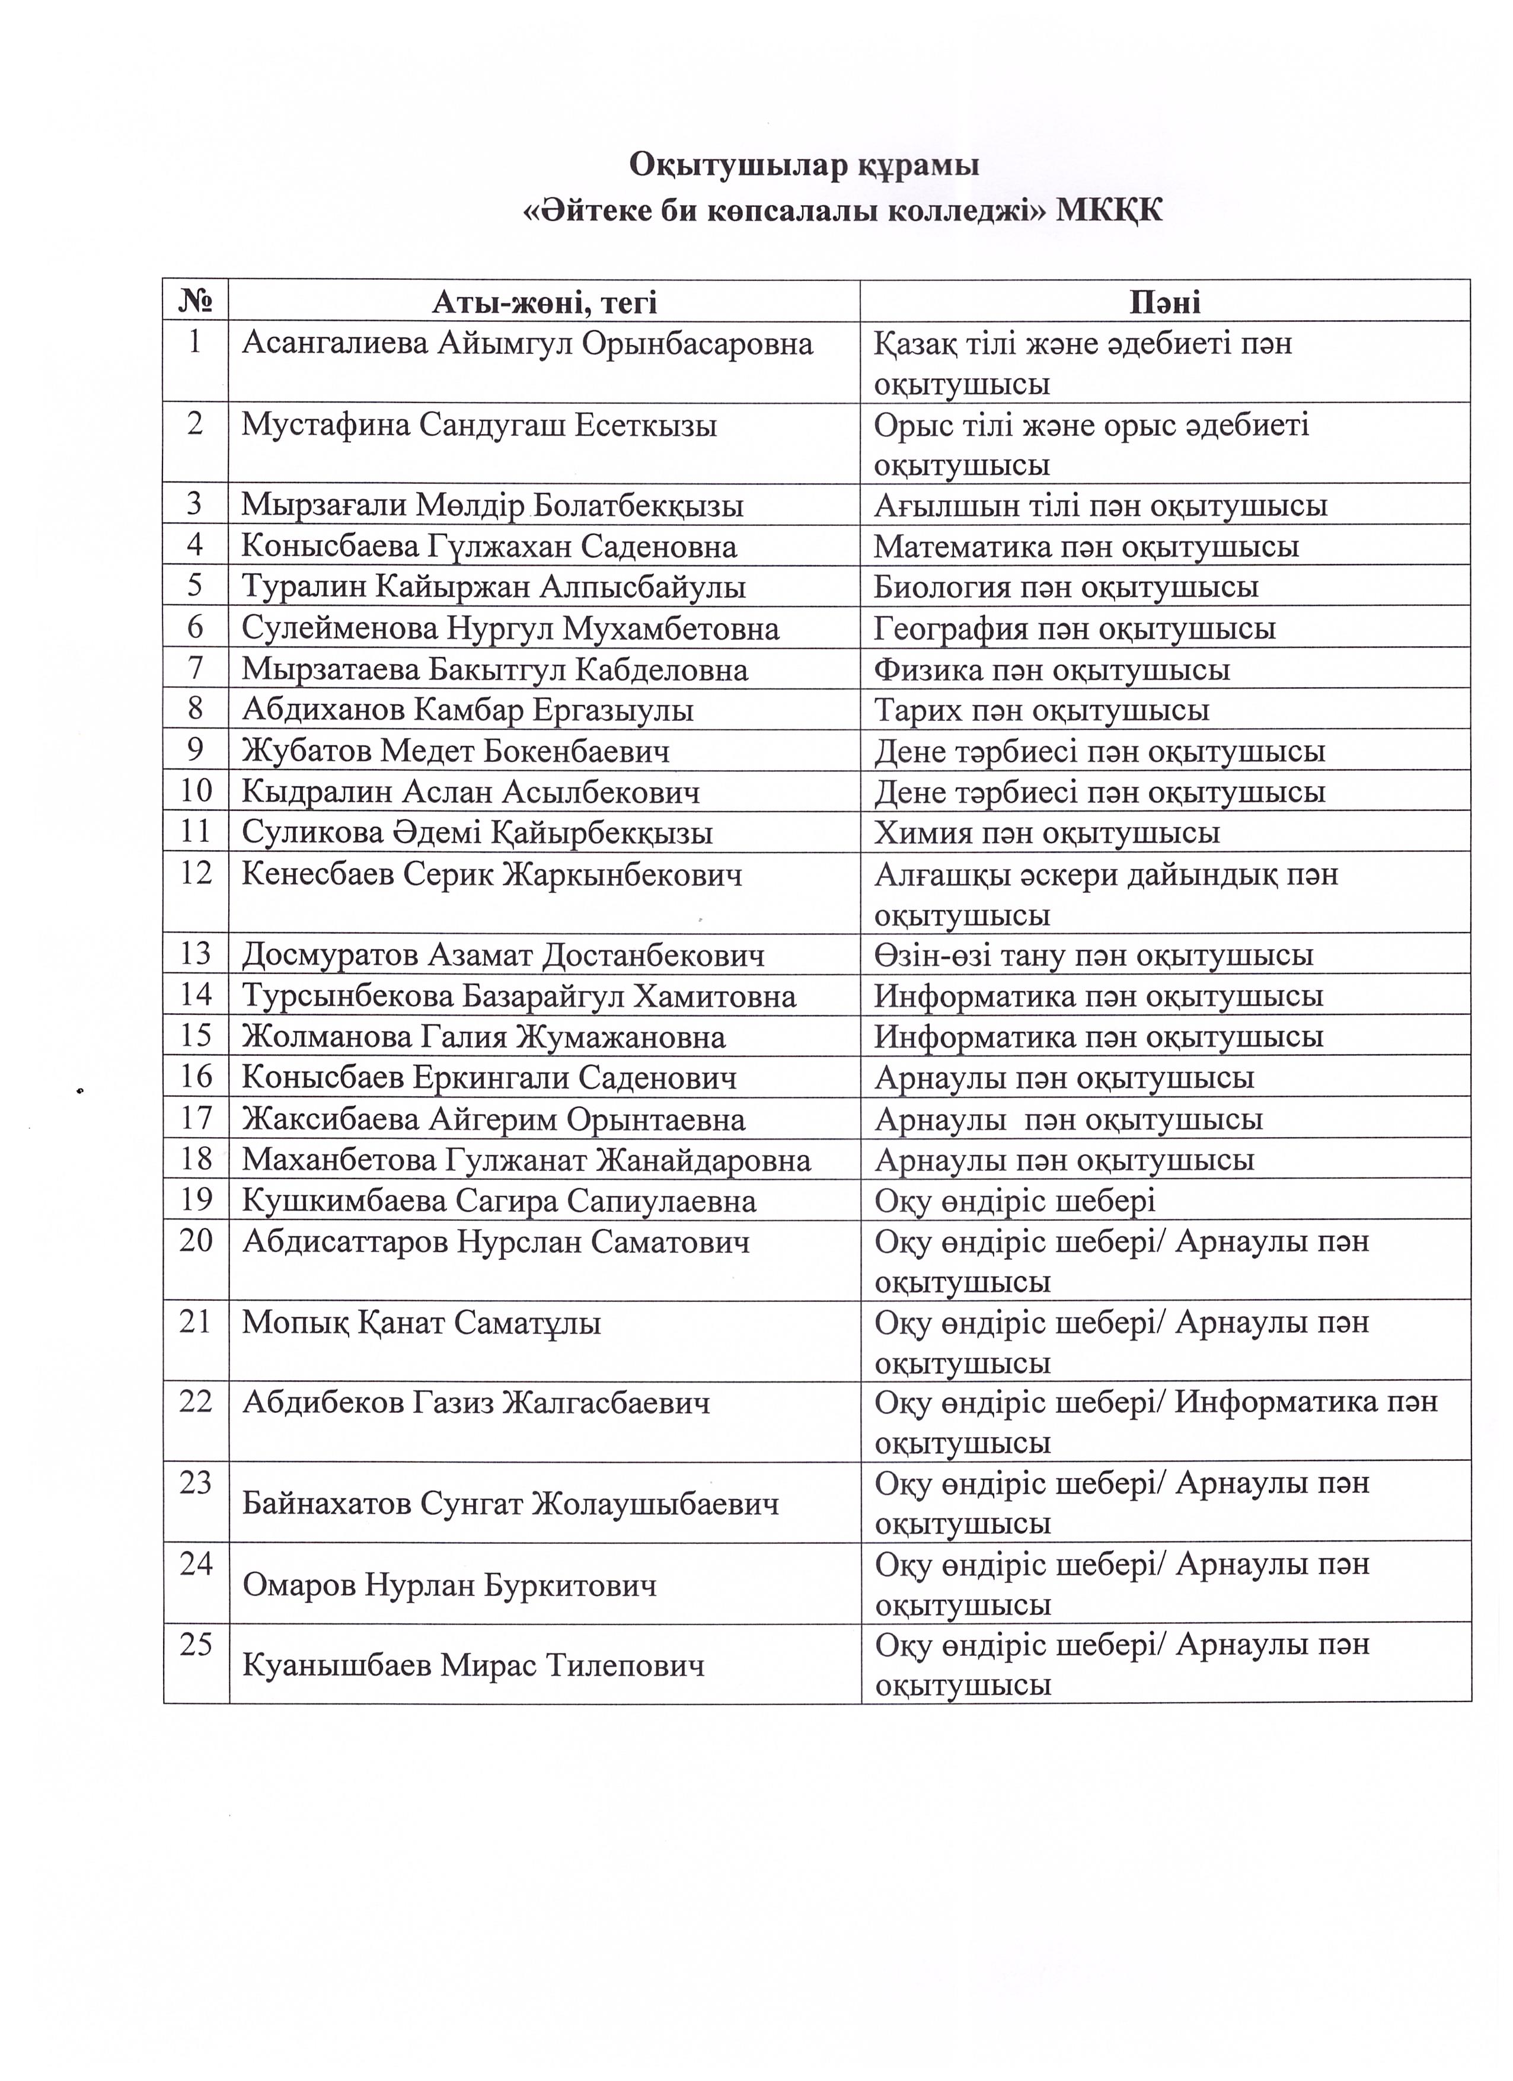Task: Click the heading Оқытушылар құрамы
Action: click(x=804, y=165)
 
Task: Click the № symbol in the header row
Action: click(x=196, y=302)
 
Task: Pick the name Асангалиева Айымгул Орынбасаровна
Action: click(x=528, y=344)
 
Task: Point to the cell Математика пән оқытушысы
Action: click(x=1086, y=547)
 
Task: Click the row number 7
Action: click(x=196, y=668)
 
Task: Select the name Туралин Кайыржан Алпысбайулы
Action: click(x=494, y=587)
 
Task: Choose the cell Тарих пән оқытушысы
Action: click(x=1042, y=710)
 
